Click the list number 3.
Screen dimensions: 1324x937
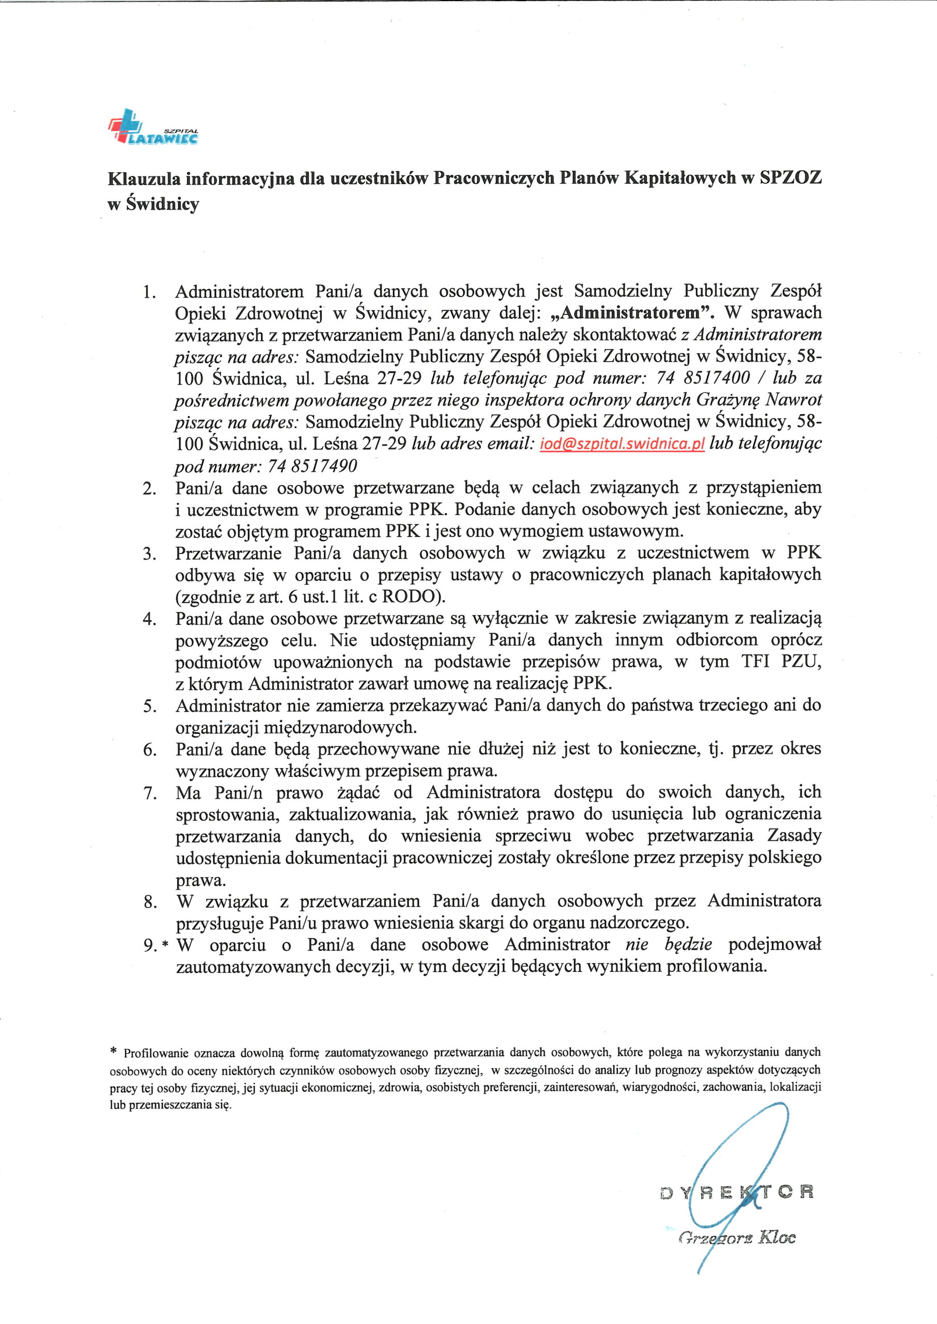150,554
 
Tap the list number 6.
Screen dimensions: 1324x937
150,750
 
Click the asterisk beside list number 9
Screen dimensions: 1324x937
166,945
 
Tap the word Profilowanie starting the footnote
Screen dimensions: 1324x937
155,1053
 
